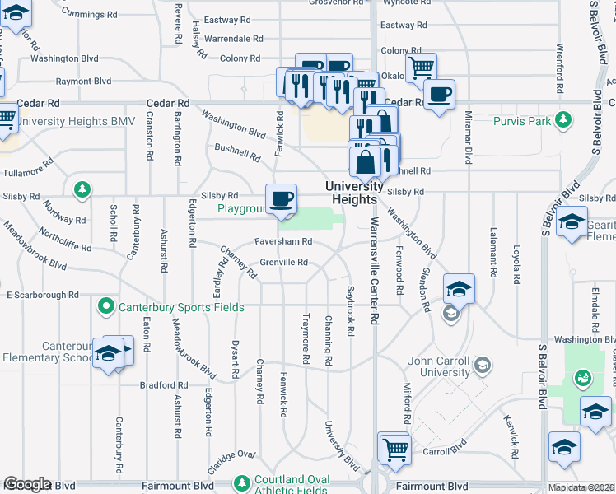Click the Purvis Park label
(x=521, y=121)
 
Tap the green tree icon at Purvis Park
(x=564, y=121)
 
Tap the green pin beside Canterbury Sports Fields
(x=105, y=308)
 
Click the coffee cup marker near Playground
(x=282, y=198)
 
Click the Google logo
(x=27, y=484)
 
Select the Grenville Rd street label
(x=283, y=263)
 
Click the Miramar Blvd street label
(x=468, y=138)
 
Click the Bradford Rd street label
(x=165, y=384)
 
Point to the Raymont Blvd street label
(x=83, y=82)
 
